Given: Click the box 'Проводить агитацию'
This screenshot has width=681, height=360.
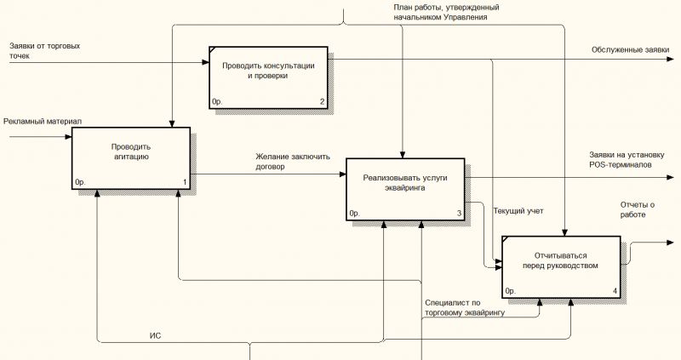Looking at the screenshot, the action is coord(131,158).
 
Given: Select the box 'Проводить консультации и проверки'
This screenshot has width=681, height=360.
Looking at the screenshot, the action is coord(268,77).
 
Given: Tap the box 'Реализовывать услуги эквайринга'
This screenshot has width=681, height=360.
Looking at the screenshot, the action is coord(405,189).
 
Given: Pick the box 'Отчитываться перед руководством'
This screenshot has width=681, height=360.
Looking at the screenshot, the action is coord(561,267).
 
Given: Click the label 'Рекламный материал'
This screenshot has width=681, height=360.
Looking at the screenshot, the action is coord(43,122).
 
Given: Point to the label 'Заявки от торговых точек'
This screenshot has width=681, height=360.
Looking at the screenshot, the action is coord(45,51).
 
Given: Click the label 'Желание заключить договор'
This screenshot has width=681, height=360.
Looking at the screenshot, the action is coord(293,162).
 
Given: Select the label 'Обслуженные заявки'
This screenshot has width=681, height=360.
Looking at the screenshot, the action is coord(630,50).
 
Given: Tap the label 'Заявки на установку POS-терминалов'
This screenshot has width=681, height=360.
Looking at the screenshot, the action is coord(627,160).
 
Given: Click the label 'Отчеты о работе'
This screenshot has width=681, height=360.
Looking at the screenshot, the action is coord(637,209).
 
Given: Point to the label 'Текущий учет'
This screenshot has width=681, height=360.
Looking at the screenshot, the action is coord(518,211).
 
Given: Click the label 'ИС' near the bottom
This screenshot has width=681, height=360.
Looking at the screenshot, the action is coord(155,335).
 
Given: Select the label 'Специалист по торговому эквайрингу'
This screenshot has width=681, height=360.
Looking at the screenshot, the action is coord(465,307).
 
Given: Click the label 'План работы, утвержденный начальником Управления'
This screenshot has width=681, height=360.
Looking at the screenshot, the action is coord(446,12).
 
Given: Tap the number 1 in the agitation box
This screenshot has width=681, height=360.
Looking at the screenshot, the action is coord(185,182).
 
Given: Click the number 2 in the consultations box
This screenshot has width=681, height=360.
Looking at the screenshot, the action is coord(323,101).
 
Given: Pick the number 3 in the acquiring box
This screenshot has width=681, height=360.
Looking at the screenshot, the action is coord(459,214).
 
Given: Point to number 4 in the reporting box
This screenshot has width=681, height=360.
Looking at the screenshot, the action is coord(615,291).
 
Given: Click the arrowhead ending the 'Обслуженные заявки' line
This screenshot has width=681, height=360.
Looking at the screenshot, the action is coord(671,59).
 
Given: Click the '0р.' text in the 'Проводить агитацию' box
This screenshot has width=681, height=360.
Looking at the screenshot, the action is coord(80,182).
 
